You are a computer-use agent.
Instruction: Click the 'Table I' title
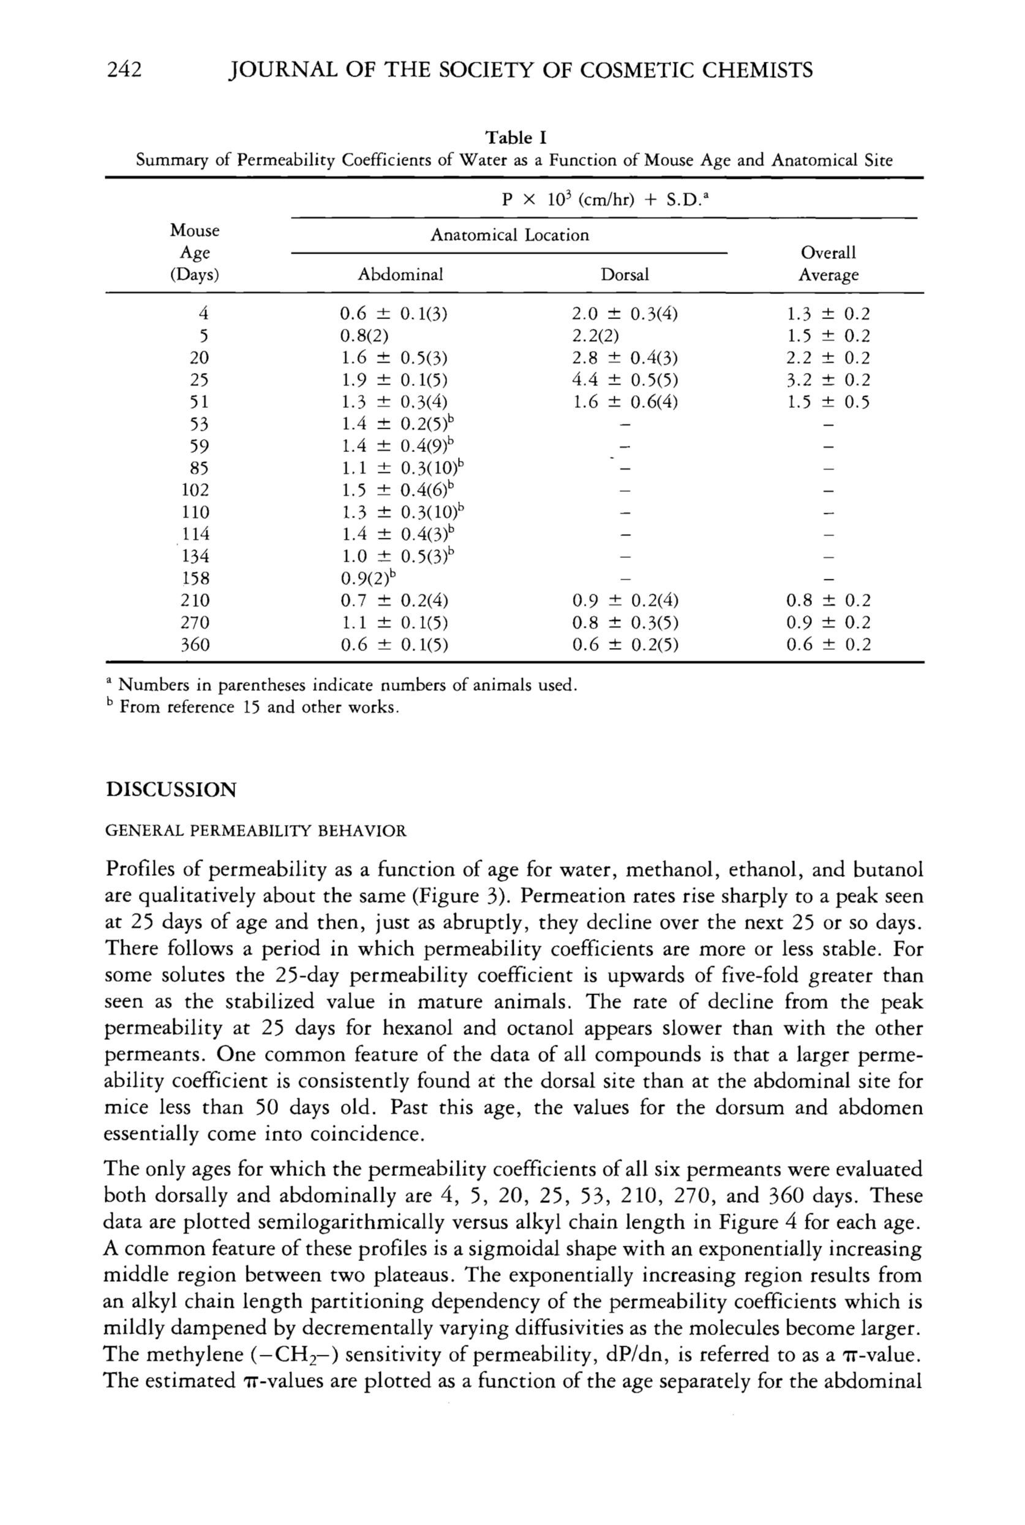click(515, 138)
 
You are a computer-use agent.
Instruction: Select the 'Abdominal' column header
click(400, 274)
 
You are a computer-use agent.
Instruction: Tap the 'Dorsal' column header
click(625, 274)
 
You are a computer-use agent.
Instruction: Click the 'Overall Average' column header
click(828, 263)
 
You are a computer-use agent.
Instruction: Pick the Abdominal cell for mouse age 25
click(394, 380)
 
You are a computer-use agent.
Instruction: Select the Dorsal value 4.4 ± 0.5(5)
click(625, 380)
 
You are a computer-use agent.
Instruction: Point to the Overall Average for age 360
click(828, 644)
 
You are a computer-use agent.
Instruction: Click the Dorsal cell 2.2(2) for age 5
click(595, 336)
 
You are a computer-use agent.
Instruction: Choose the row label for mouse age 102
click(195, 490)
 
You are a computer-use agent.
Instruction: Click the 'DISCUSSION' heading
click(171, 789)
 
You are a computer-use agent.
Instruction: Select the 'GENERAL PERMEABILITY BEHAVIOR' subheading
click(255, 831)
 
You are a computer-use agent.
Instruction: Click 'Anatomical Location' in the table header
click(509, 235)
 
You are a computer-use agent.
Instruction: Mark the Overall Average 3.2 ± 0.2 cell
click(828, 380)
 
